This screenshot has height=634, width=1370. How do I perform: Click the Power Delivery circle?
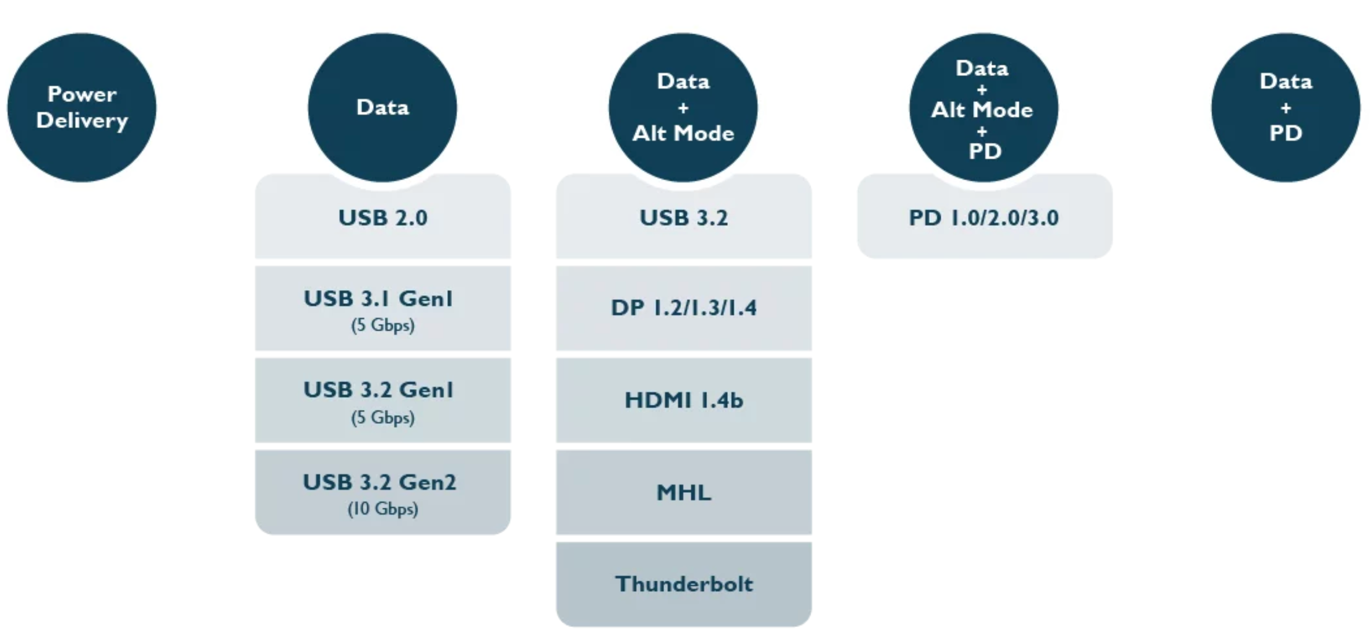(82, 108)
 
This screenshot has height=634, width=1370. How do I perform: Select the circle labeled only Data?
(382, 108)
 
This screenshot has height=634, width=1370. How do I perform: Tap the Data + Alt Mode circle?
(683, 108)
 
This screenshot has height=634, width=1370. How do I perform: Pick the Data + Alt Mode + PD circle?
(984, 108)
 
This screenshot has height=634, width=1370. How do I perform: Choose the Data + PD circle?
(1286, 108)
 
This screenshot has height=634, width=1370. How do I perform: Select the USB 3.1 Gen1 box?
(383, 308)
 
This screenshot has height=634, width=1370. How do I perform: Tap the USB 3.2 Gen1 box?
(383, 400)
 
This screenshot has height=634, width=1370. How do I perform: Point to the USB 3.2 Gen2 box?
(383, 492)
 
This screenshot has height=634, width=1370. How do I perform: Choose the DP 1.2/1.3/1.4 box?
(684, 308)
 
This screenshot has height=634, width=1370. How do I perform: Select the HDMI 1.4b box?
(684, 400)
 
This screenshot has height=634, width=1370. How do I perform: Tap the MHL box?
(684, 492)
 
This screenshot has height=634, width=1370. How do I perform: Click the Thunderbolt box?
(684, 584)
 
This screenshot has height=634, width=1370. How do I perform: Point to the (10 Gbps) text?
(383, 509)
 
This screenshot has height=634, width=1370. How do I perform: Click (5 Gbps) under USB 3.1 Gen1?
(383, 325)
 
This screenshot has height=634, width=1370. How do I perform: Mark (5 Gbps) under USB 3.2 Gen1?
(383, 417)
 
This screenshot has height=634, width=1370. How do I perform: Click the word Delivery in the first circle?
(82, 121)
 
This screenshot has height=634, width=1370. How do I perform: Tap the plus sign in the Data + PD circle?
(1286, 108)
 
